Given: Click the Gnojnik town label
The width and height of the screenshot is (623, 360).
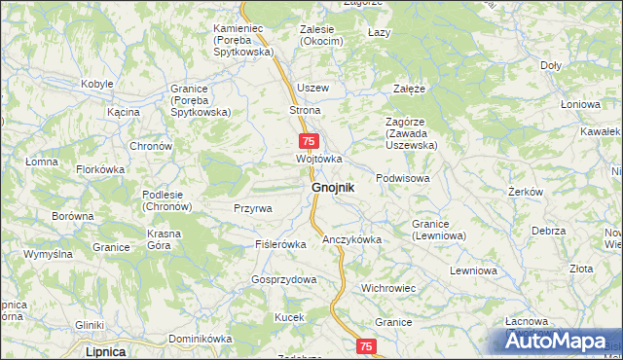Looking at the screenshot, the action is click(x=332, y=186).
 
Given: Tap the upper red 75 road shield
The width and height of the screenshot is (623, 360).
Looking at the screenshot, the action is click(x=307, y=141).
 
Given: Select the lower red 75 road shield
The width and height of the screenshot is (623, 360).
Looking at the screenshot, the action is click(x=365, y=346).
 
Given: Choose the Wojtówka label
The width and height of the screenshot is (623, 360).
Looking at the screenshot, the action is click(x=319, y=159).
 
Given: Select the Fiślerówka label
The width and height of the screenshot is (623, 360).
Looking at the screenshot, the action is click(x=280, y=243).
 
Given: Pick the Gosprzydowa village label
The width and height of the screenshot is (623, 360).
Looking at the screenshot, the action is click(x=284, y=279).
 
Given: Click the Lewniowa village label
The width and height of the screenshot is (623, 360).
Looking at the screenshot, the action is click(x=473, y=270).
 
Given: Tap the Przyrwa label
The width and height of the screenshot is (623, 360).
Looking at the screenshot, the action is click(x=253, y=208).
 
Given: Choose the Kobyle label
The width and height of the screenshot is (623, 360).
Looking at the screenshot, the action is click(x=97, y=84).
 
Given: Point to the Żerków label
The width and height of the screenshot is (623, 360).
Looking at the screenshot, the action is click(x=525, y=192).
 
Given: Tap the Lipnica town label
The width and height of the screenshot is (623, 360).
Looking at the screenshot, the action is click(x=106, y=351).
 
